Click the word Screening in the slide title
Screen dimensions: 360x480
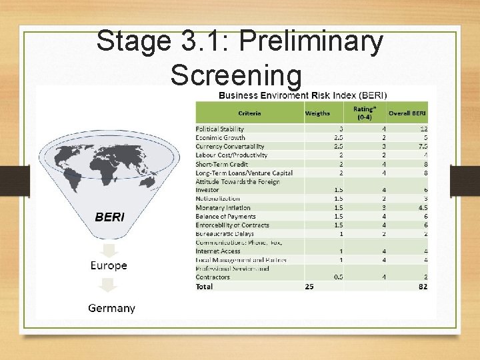click(236, 75)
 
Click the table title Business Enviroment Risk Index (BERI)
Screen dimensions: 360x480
click(303, 95)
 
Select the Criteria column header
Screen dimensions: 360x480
click(249, 113)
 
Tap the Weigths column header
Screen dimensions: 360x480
click(317, 113)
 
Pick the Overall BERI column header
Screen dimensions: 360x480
click(407, 113)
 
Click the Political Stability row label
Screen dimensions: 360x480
click(220, 129)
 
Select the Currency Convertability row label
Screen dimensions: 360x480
click(230, 146)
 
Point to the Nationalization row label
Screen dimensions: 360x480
click(219, 199)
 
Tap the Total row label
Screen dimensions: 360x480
click(203, 286)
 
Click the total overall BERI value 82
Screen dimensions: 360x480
click(423, 286)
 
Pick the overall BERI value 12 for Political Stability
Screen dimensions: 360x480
click(423, 129)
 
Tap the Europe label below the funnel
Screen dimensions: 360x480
click(109, 265)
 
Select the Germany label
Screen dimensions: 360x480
click(112, 308)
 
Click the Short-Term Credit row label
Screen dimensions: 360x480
click(221, 163)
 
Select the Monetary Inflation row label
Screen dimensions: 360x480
click(223, 207)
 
